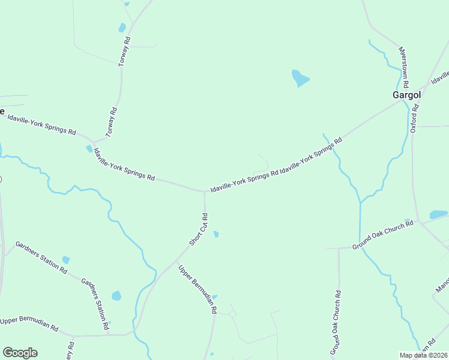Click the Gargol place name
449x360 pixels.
click(406, 94)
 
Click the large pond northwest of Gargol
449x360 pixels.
click(299, 78)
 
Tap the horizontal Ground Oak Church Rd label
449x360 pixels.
click(383, 235)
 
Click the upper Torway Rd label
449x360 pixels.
click(124, 52)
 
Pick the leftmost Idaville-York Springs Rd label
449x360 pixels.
click(41, 124)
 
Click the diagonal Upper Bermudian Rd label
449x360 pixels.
click(197, 290)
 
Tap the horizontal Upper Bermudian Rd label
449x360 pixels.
click(29, 324)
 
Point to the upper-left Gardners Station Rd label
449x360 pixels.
click(41, 257)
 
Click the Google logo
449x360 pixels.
click(20, 353)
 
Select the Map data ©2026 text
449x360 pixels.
click(424, 355)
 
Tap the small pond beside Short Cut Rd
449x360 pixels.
click(216, 234)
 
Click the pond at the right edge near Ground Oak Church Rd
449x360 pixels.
click(438, 214)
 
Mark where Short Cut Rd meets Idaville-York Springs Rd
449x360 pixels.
click(205, 192)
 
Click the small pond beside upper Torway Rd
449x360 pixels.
click(122, 28)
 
